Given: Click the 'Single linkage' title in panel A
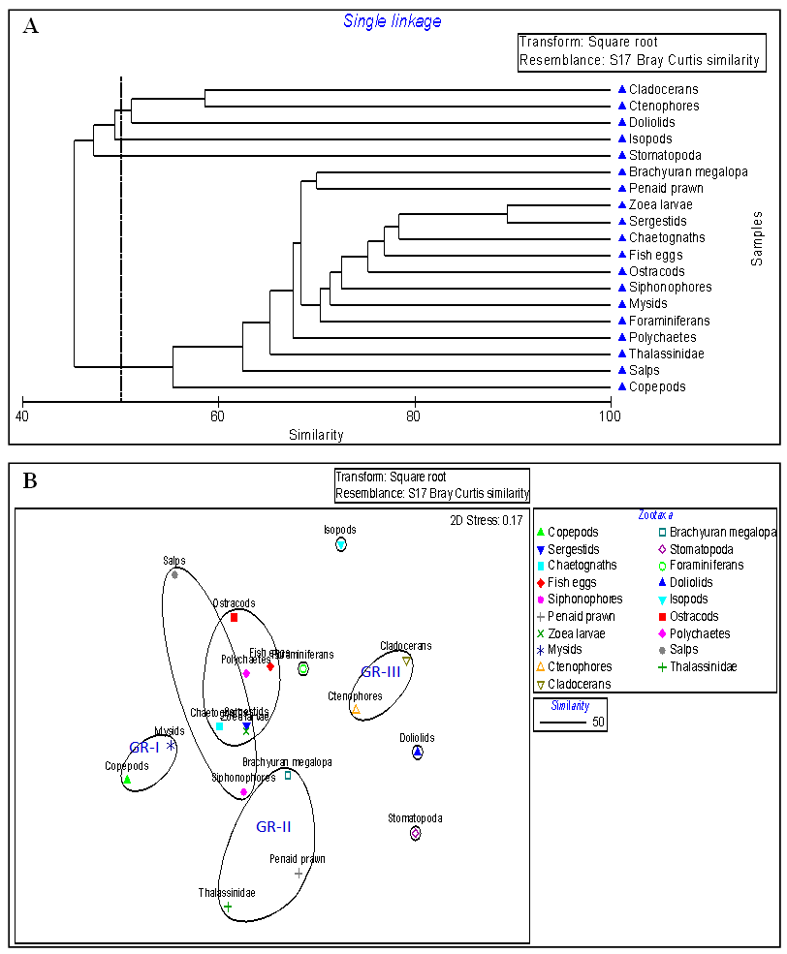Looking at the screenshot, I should pos(393,20).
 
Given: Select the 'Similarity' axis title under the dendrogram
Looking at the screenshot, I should pos(316,435).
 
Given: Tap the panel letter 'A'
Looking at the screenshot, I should pos(31,26).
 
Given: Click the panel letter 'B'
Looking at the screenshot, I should pos(30,480).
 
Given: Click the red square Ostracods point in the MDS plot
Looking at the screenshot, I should pos(234,617).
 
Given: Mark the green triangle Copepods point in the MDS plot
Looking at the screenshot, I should pos(127,780).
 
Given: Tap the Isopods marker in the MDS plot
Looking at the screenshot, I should pos(340,545).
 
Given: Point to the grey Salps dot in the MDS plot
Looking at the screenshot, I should pos(174,574).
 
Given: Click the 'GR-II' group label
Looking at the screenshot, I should pos(273,827).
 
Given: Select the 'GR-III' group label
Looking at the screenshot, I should pos(381,671).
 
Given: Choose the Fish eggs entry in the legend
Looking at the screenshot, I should pos(572,582).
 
